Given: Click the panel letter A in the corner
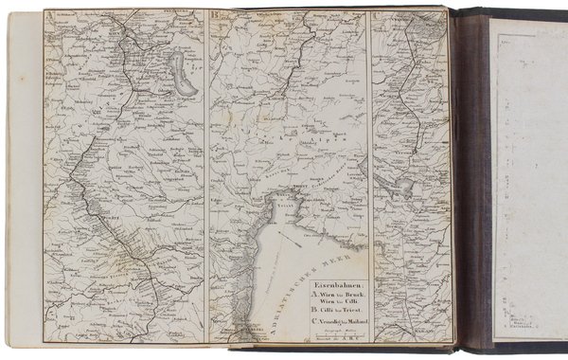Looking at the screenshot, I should (49, 15).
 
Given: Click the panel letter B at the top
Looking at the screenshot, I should (215, 15).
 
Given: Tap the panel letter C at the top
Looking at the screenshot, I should (378, 15).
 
